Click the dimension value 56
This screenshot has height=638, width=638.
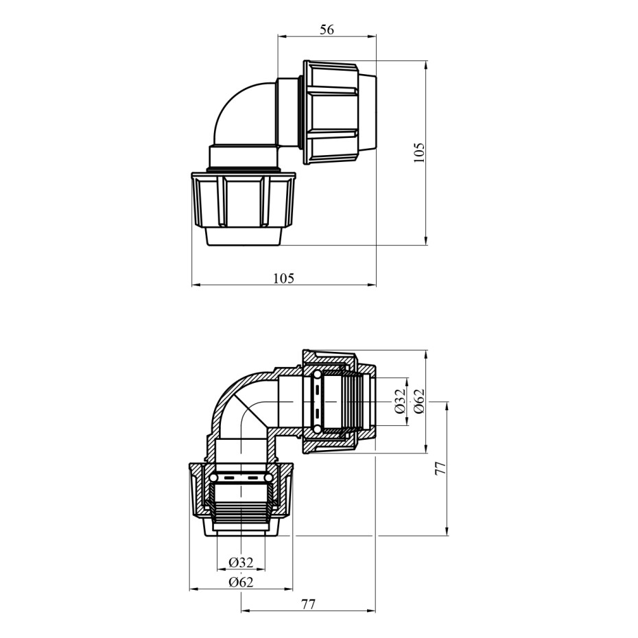[x=327, y=29]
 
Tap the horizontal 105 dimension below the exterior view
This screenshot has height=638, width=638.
[x=283, y=279]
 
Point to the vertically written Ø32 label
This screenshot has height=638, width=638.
[x=401, y=401]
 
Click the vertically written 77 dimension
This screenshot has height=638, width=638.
[x=440, y=469]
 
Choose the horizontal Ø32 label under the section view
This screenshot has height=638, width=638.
[x=241, y=563]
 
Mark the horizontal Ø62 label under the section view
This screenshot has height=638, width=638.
[x=241, y=582]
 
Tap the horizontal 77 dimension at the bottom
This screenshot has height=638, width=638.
[x=309, y=604]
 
